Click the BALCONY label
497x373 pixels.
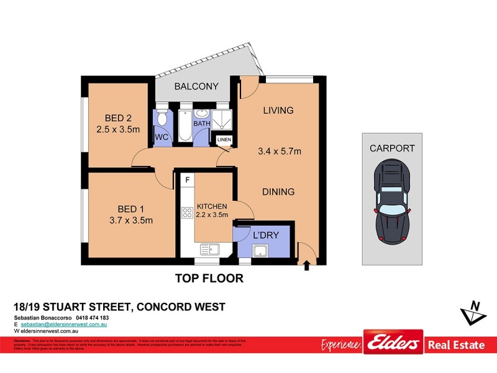click(196, 86)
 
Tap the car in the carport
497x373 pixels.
click(391, 203)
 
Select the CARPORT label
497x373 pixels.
click(391, 149)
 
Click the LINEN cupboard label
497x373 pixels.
click(224, 140)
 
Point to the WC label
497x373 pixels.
click(161, 137)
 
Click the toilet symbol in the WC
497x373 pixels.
click(161, 119)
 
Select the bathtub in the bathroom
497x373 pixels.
click(183, 126)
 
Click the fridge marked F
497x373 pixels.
click(186, 180)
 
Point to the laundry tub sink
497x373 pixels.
click(260, 251)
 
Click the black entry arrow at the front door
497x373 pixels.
click(305, 267)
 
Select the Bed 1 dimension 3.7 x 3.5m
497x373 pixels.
click(131, 220)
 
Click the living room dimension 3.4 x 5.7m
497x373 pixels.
click(279, 151)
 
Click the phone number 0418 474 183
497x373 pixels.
click(92, 318)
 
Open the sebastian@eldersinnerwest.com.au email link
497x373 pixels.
click(65, 325)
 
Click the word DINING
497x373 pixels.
click(278, 192)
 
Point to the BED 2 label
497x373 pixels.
click(118, 119)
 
